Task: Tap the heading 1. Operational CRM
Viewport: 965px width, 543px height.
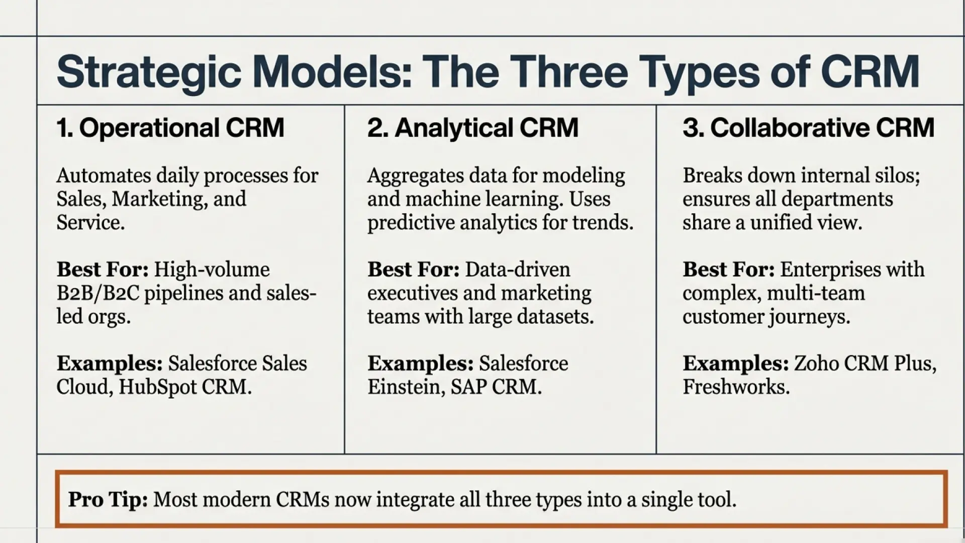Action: [170, 128]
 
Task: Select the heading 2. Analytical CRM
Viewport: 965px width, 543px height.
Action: [472, 128]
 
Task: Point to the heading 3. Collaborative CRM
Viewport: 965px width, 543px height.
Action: [808, 128]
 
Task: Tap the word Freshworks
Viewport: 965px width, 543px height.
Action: [736, 387]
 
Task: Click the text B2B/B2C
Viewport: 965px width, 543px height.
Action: [98, 293]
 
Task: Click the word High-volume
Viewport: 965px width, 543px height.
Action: [212, 269]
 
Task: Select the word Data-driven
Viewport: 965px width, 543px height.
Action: [518, 269]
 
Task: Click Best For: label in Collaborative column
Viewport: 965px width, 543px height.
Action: [728, 269]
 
